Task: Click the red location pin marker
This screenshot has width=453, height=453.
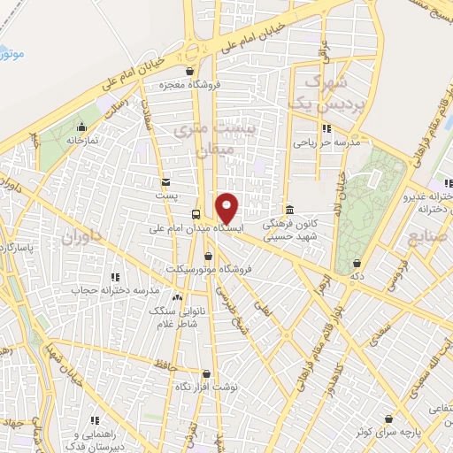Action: [227, 208]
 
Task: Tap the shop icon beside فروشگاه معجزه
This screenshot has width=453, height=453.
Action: [188, 73]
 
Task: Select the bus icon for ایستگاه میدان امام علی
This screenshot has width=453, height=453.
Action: [196, 213]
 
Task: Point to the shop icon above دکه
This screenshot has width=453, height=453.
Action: [357, 263]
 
